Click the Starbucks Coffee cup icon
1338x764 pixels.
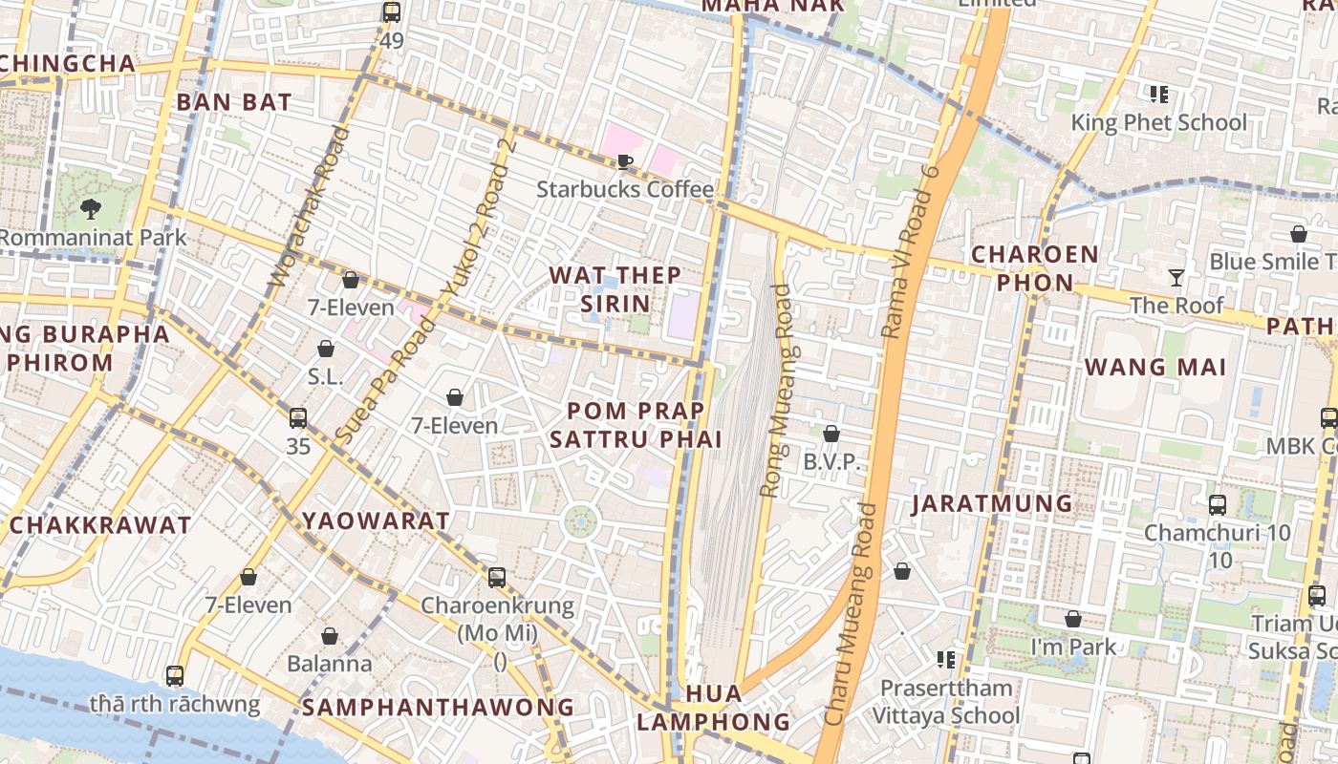[625, 160]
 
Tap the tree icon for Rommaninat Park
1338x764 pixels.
[91, 207]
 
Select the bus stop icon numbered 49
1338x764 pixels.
[391, 12]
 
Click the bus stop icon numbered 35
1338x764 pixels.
[298, 417]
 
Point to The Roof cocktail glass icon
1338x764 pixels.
[1176, 278]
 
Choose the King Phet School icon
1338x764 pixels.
[1159, 94]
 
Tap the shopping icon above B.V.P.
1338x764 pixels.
[831, 435]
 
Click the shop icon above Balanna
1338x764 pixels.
[330, 636]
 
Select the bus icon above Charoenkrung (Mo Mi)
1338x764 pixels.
[497, 577]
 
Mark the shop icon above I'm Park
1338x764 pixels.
[1073, 620]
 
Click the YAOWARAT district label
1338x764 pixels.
[376, 521]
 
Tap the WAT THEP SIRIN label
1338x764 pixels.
[615, 289]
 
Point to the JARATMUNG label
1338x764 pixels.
[991, 504]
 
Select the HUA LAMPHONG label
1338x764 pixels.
[713, 708]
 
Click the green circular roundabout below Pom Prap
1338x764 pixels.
[580, 521]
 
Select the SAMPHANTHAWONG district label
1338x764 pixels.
[438, 708]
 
